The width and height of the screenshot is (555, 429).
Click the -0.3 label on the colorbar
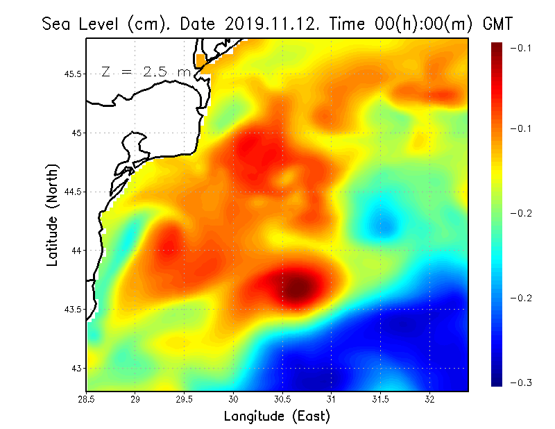pyautogui.click(x=521, y=382)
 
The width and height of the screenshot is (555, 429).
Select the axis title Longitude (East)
pyautogui.click(x=277, y=417)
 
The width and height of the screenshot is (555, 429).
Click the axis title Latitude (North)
pyautogui.click(x=52, y=215)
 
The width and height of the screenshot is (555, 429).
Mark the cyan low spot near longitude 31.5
pyautogui.click(x=382, y=224)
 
